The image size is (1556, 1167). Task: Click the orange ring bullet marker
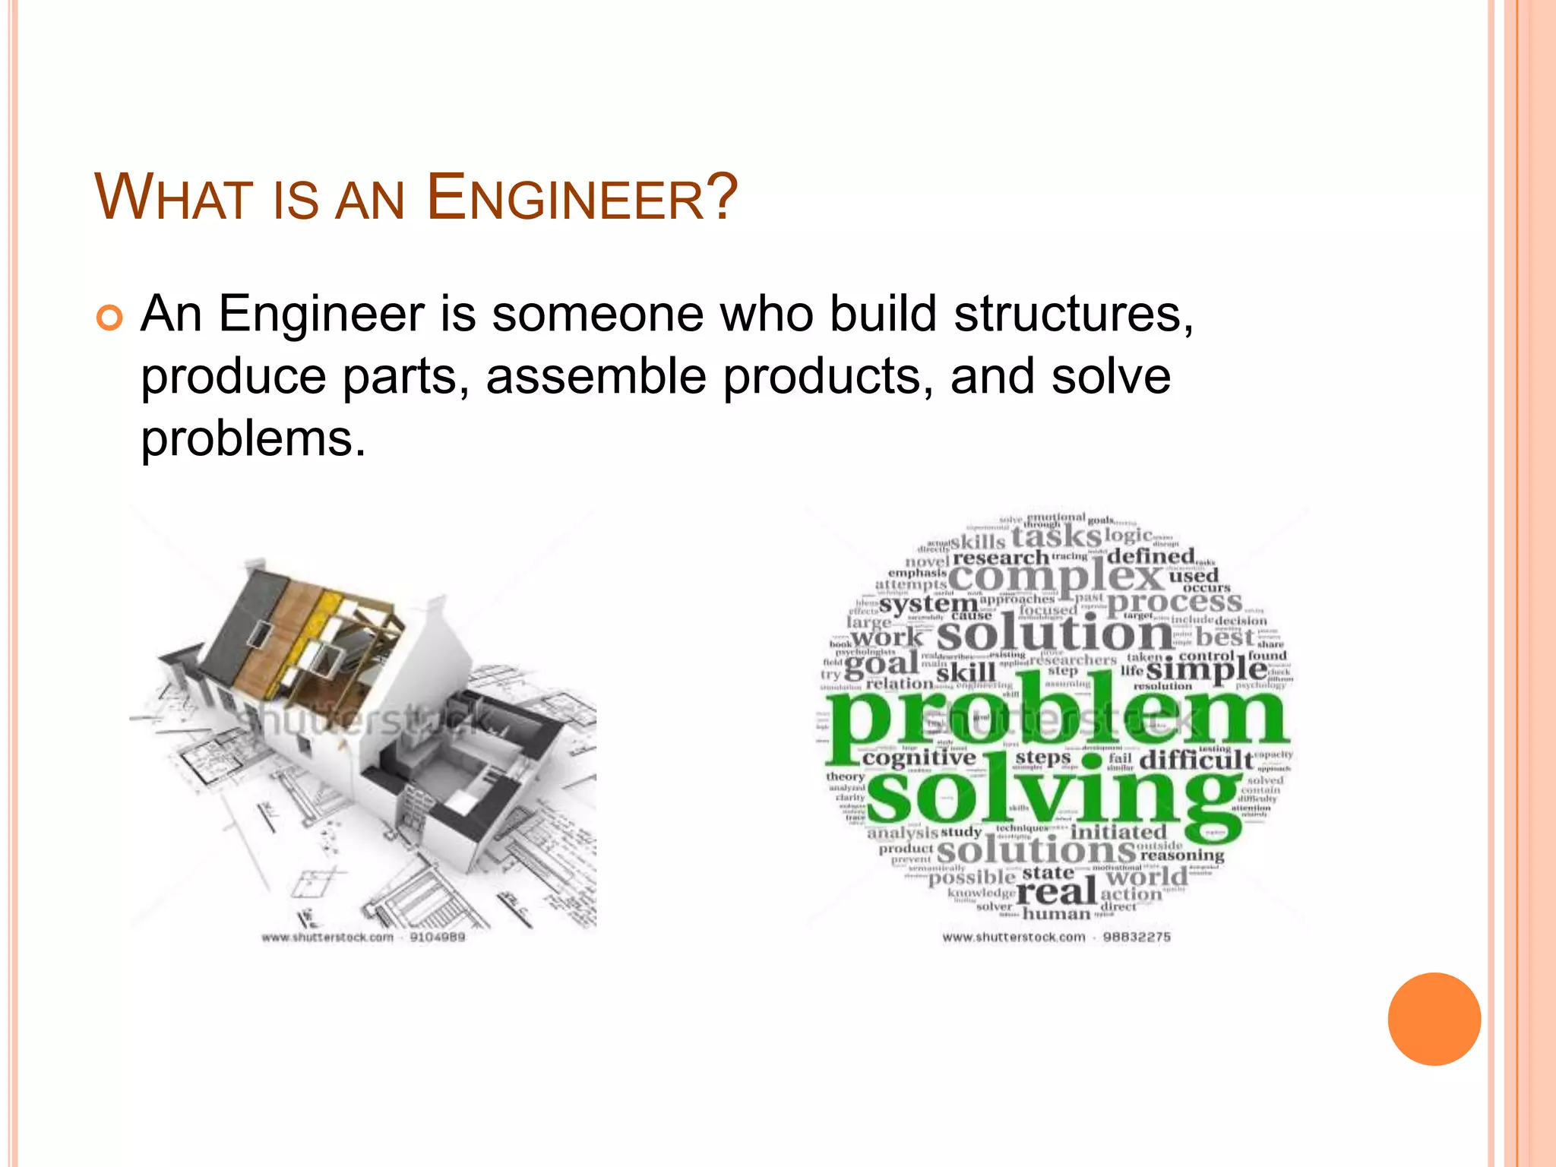109,318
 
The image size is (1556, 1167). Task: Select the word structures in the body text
1073,314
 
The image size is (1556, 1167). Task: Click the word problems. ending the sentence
253,440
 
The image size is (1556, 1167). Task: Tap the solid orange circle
1434,1019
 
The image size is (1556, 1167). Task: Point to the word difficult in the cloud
1195,760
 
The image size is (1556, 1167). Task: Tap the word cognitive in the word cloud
919,757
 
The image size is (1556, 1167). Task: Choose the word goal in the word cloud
881,664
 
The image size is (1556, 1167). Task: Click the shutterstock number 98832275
1136,938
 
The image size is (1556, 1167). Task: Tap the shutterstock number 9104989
437,938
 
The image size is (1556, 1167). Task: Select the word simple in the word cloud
1206,669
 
